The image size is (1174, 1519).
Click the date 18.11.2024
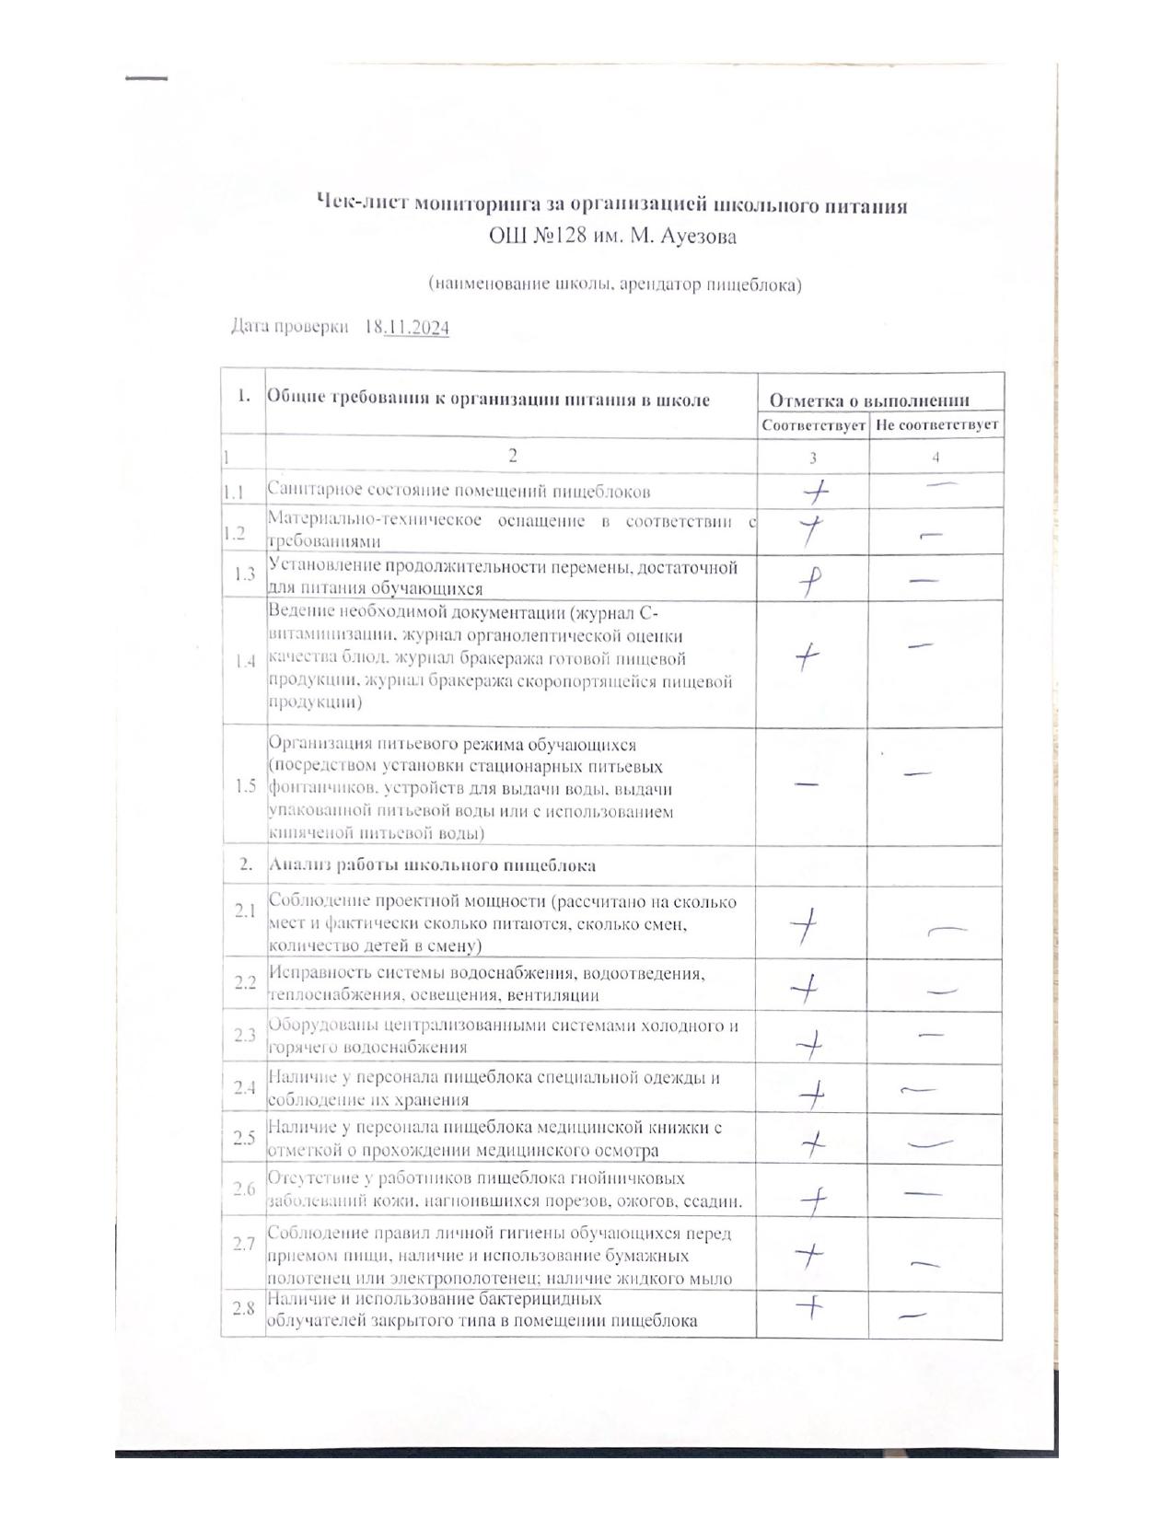[x=407, y=327]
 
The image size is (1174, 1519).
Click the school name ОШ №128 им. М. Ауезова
[x=612, y=237]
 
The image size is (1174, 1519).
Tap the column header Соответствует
[x=813, y=425]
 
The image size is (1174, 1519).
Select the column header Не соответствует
[x=936, y=425]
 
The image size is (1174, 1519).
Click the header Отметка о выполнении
[x=868, y=400]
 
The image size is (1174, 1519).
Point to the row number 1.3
[x=244, y=574]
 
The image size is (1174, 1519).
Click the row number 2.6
[x=244, y=1189]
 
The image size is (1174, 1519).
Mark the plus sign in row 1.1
[x=815, y=493]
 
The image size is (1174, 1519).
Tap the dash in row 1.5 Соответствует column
[x=806, y=783]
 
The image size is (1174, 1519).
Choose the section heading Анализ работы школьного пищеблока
[x=431, y=865]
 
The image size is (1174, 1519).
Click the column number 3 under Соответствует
[x=812, y=457]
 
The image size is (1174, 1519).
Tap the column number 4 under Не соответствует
[x=936, y=457]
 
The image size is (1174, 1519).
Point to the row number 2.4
[x=244, y=1087]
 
